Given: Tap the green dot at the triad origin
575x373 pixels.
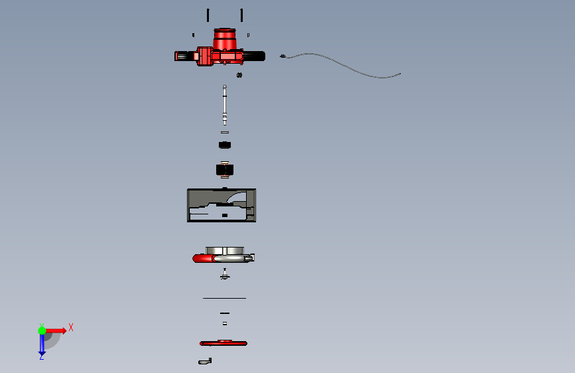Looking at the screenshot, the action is click(42, 331).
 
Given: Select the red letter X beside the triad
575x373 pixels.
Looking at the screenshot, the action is click(71, 327).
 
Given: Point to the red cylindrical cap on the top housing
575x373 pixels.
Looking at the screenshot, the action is click(224, 39).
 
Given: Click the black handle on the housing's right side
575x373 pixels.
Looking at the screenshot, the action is click(254, 56).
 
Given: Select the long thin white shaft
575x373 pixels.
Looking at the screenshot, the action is click(224, 105).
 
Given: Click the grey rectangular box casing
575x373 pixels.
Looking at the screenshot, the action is click(222, 205).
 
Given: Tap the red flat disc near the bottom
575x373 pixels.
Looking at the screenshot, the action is click(224, 343).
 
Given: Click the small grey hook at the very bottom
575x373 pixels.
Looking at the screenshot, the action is click(205, 362).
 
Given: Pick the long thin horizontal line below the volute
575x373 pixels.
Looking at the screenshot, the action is click(224, 298).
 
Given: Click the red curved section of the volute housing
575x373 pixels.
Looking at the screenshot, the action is click(203, 258).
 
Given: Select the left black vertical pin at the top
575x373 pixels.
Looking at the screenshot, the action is click(208, 15).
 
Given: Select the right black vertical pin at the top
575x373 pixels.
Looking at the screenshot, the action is click(241, 15).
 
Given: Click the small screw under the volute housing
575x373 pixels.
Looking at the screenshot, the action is click(225, 274).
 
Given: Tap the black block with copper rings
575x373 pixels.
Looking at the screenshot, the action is click(225, 170).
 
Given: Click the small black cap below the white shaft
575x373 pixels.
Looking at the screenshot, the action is click(225, 145).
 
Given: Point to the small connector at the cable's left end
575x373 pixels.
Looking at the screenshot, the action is click(283, 56).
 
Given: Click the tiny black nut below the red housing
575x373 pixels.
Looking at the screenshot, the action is click(239, 75).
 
